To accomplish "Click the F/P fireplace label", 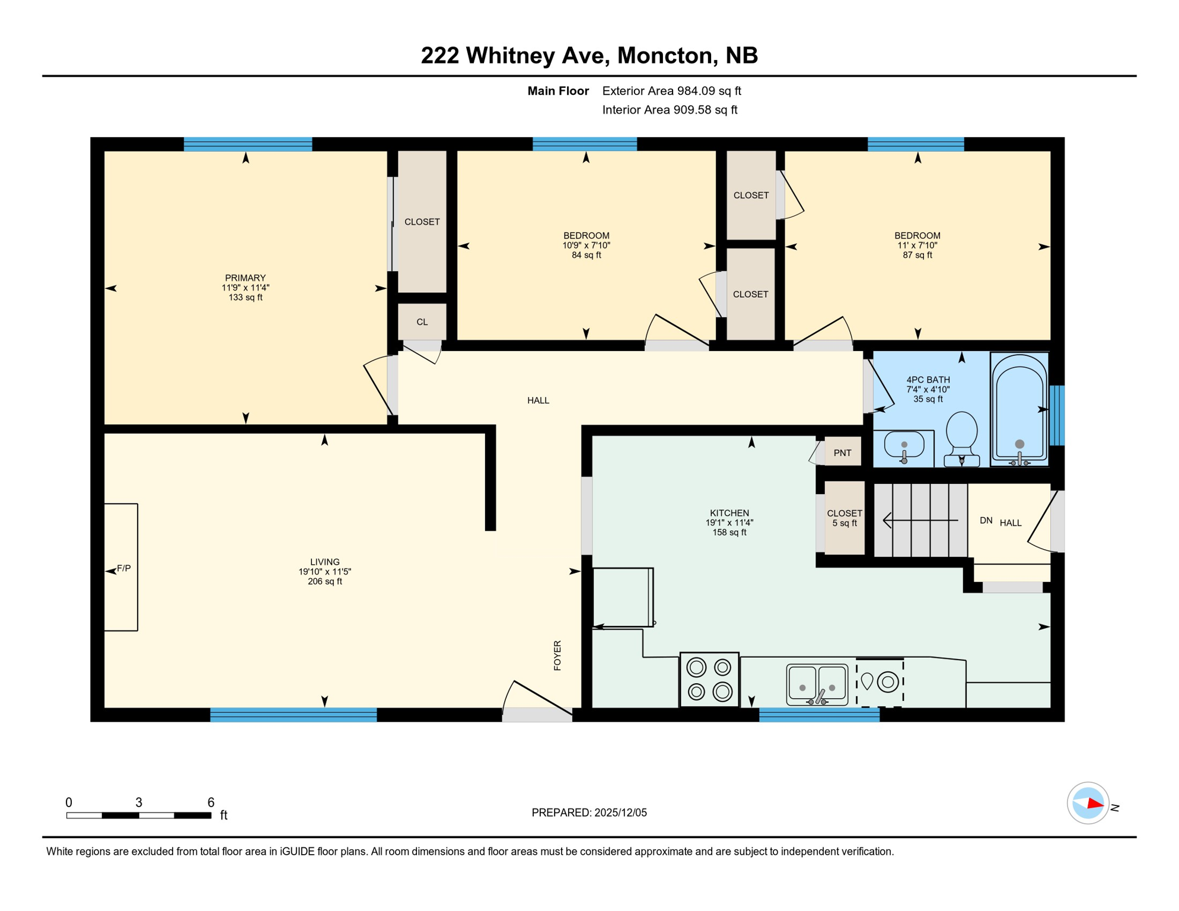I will pos(123,568).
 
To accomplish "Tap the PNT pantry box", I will pos(842,453).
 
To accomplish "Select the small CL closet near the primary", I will pos(422,321).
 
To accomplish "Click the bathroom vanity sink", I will pos(903,445).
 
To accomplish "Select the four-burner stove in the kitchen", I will pos(709,680).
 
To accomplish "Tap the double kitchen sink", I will pos(817,684).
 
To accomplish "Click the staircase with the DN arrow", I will pos(920,520).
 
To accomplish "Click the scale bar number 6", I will pos(211,802).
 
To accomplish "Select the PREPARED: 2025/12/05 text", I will pos(589,813).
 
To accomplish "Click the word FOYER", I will pos(557,655).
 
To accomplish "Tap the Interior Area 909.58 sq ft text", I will pos(670,110).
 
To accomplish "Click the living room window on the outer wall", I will pos(293,714).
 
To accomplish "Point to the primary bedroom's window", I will pos(248,144).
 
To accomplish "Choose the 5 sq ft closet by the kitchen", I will pos(844,518).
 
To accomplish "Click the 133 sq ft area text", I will pos(245,297).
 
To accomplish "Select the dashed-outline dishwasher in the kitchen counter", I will pos(880,682).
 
